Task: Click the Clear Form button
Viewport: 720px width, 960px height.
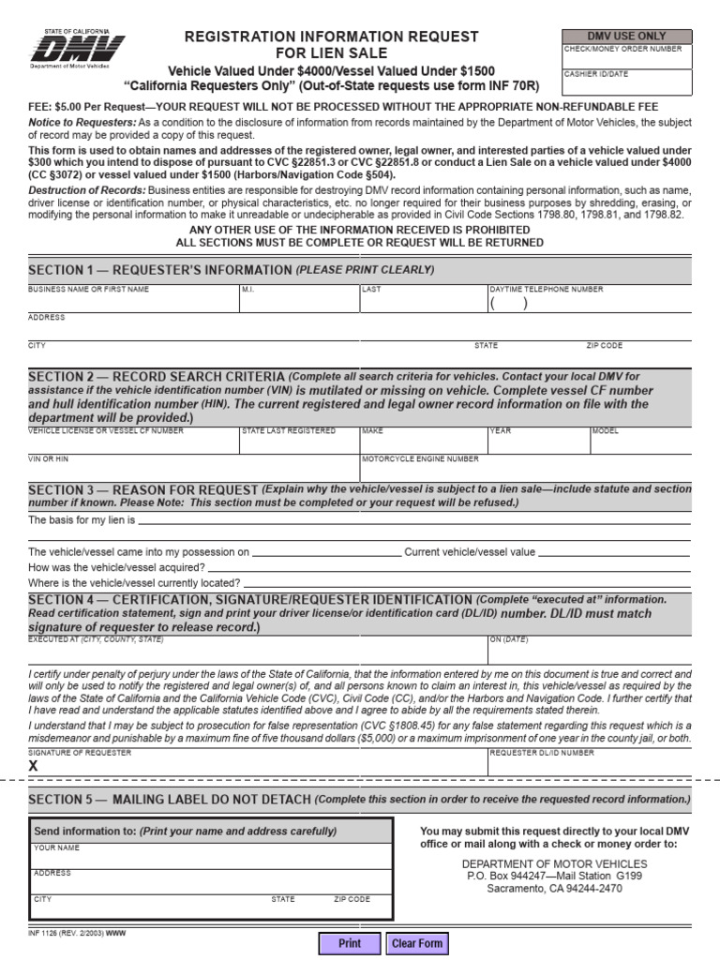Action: (417, 943)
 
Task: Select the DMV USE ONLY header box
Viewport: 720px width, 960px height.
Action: (626, 36)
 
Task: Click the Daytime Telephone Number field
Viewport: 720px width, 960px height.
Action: (589, 304)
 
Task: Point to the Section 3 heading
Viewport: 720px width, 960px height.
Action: (142, 490)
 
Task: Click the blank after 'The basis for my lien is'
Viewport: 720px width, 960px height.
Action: (412, 519)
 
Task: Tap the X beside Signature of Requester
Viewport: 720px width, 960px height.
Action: (34, 766)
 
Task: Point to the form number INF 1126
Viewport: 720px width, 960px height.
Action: (66, 934)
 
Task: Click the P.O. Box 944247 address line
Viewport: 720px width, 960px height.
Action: (554, 877)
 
